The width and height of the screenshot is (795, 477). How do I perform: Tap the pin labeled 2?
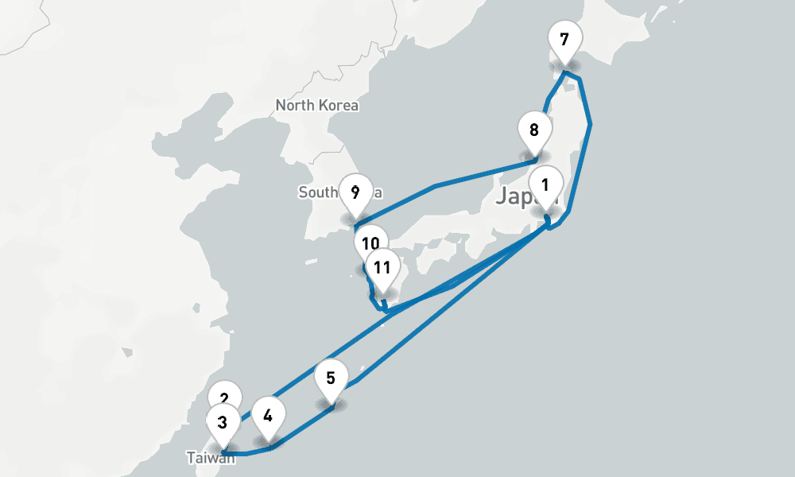click(x=224, y=397)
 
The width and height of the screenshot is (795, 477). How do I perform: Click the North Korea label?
click(x=316, y=105)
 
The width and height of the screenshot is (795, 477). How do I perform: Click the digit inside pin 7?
click(x=564, y=39)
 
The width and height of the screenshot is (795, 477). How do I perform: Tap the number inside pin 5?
click(x=331, y=378)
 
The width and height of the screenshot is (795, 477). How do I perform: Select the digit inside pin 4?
click(x=268, y=415)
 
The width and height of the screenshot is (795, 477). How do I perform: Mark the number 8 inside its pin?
click(x=533, y=130)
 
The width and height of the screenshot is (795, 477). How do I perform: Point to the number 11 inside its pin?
click(x=382, y=267)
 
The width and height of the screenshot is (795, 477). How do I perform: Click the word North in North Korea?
click(x=295, y=105)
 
